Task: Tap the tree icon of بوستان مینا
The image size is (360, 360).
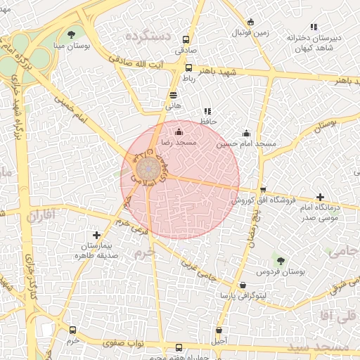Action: coord(72,34)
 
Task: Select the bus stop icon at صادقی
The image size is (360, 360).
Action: coord(186,40)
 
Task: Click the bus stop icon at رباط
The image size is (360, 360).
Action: coord(188,67)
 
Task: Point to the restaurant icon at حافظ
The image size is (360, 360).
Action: coord(207,111)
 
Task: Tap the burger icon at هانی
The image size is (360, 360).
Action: coord(174,95)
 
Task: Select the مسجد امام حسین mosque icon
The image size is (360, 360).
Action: coord(246,133)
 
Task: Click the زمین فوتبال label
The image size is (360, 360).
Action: coord(251,33)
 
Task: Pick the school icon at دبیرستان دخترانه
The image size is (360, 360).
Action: coord(314,26)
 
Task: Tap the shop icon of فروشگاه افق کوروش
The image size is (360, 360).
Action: coord(263,190)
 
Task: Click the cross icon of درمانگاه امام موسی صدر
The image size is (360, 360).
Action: coord(321,198)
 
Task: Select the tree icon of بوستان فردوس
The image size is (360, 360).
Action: coord(281,261)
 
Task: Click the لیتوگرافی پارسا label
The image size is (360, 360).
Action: coord(243,295)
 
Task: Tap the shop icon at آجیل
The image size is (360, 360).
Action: coord(219,330)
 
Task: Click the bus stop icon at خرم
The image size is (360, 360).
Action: coord(72,330)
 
